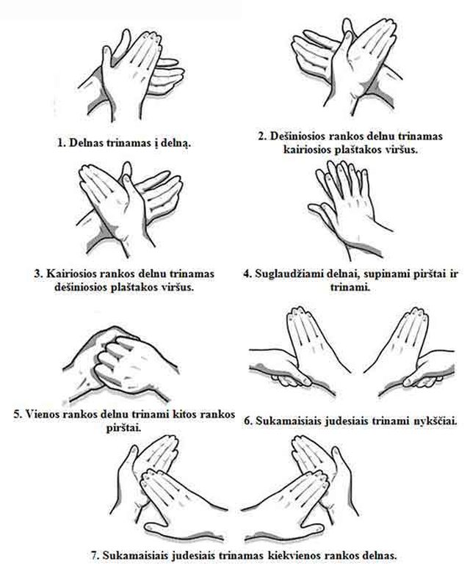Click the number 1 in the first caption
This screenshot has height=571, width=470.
click(60, 142)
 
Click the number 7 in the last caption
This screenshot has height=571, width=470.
click(95, 556)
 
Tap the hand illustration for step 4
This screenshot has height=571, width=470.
click(350, 210)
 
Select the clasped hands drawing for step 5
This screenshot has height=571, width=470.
click(124, 365)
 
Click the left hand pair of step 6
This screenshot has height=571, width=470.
click(300, 350)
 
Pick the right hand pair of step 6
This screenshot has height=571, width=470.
click(409, 350)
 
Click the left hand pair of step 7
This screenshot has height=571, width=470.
click(167, 488)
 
